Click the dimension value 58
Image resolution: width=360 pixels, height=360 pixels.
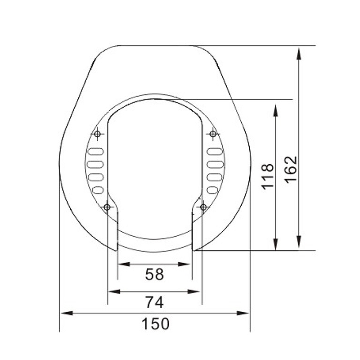[154, 274]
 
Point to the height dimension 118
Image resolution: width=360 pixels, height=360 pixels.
[267, 176]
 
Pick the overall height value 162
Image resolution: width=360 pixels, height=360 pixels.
[291, 169]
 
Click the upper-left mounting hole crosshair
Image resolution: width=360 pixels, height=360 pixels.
[98, 134]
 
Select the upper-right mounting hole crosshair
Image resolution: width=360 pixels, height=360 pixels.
[213, 134]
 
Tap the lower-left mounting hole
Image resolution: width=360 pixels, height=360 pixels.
[107, 207]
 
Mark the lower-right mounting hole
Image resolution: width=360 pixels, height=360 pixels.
[203, 207]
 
